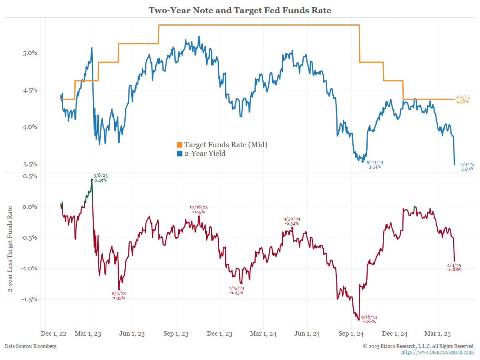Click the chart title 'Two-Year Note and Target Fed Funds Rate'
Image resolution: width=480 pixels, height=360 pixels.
point(240,10)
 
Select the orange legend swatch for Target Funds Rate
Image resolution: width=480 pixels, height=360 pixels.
point(180,145)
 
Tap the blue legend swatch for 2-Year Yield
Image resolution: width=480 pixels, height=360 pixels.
point(180,154)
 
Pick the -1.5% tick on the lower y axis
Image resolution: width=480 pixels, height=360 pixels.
point(30,299)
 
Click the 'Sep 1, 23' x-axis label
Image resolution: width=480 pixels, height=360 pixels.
point(176,334)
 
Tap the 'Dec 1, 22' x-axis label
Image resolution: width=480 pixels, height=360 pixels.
point(53,334)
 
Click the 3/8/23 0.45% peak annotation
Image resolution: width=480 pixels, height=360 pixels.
point(100,178)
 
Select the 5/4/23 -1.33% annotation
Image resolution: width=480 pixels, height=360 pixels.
point(118,295)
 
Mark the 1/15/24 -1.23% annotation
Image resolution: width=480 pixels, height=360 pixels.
point(236,290)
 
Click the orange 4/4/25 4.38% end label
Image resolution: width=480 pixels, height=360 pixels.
point(463,99)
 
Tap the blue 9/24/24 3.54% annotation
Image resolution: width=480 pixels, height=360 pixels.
point(375,164)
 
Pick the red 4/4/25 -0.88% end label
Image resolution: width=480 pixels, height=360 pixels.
point(454,267)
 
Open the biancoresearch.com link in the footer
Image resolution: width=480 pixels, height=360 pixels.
point(438,352)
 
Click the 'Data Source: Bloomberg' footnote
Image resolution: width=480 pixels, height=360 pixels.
point(31,346)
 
